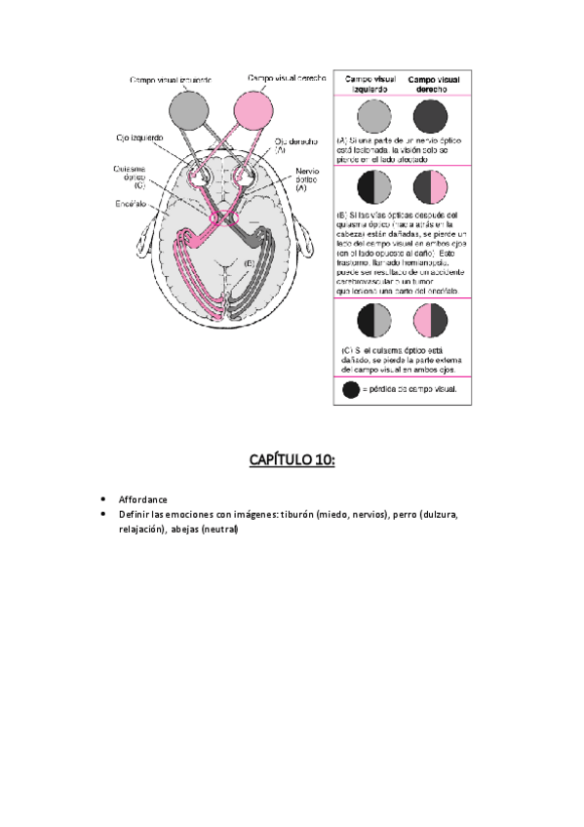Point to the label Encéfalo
pyautogui.click(x=130, y=206)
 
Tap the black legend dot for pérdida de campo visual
pyautogui.click(x=350, y=389)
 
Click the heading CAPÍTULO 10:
pyautogui.click(x=292, y=459)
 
